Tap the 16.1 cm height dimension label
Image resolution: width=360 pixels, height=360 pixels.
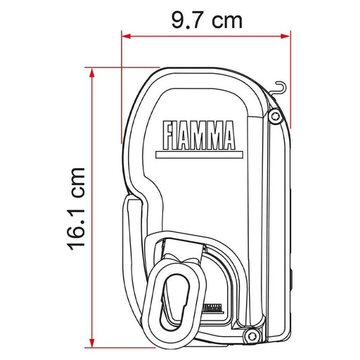click(x=78, y=208)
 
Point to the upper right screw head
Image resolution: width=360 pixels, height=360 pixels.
click(x=275, y=115)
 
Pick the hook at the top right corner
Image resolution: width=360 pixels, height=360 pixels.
click(x=281, y=87)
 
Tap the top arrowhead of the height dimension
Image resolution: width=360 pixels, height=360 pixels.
click(x=91, y=71)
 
